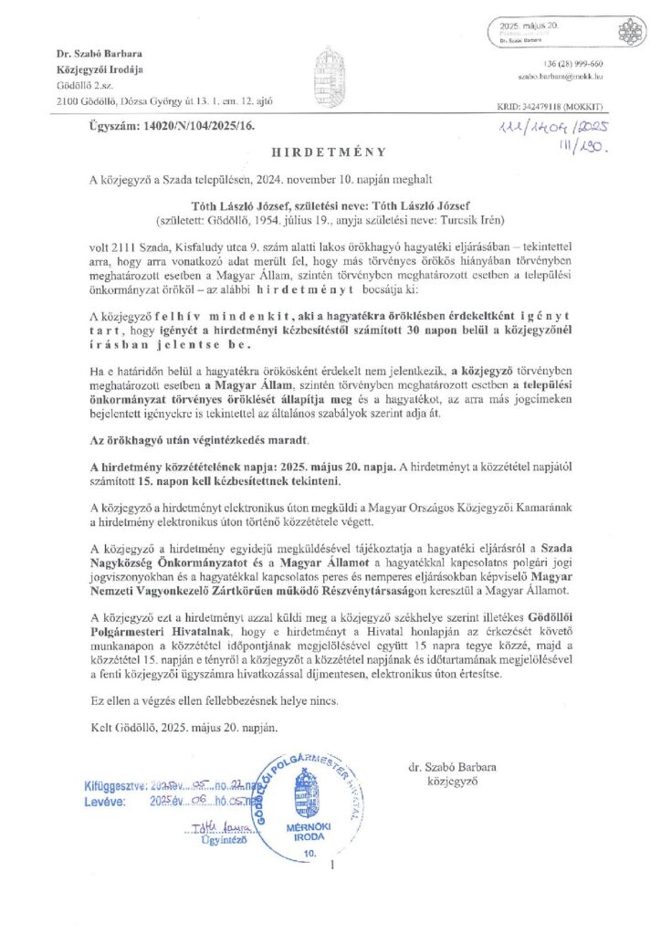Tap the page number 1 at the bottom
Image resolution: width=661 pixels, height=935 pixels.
tap(335, 864)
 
